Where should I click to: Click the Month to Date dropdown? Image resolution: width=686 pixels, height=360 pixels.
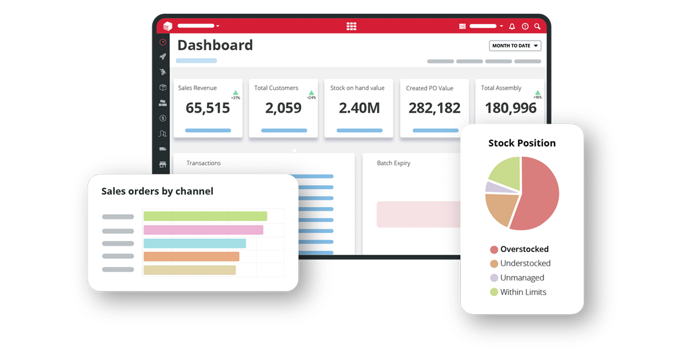click(514, 46)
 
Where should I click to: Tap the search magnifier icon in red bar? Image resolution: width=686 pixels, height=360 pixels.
click(537, 26)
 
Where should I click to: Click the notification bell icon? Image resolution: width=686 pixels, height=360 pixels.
click(512, 26)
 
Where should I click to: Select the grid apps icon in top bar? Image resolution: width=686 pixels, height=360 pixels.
click(352, 26)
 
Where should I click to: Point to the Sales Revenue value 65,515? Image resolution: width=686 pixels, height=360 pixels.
click(208, 107)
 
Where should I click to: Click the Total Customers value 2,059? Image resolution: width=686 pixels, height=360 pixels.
click(283, 107)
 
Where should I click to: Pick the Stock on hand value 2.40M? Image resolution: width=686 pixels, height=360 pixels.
click(359, 107)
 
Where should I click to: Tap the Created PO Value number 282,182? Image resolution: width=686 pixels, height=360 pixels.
click(434, 107)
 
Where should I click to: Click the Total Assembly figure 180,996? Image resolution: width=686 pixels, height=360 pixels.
click(510, 107)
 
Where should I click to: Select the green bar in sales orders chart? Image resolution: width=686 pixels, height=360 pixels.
click(205, 216)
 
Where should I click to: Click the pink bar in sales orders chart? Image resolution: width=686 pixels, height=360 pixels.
click(203, 230)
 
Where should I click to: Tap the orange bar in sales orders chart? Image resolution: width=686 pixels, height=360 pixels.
click(191, 257)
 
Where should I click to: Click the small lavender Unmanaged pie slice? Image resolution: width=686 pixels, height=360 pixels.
click(492, 187)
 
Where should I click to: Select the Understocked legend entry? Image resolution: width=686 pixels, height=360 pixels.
click(525, 263)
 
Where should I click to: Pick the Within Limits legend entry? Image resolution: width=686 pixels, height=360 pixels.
click(523, 292)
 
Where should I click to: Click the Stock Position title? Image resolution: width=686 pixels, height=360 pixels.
click(521, 143)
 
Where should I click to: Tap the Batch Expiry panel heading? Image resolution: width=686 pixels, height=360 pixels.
click(393, 163)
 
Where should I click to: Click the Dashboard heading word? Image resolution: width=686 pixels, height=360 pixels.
click(215, 45)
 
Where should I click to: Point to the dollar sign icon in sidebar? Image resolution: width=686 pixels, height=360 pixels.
click(163, 118)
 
